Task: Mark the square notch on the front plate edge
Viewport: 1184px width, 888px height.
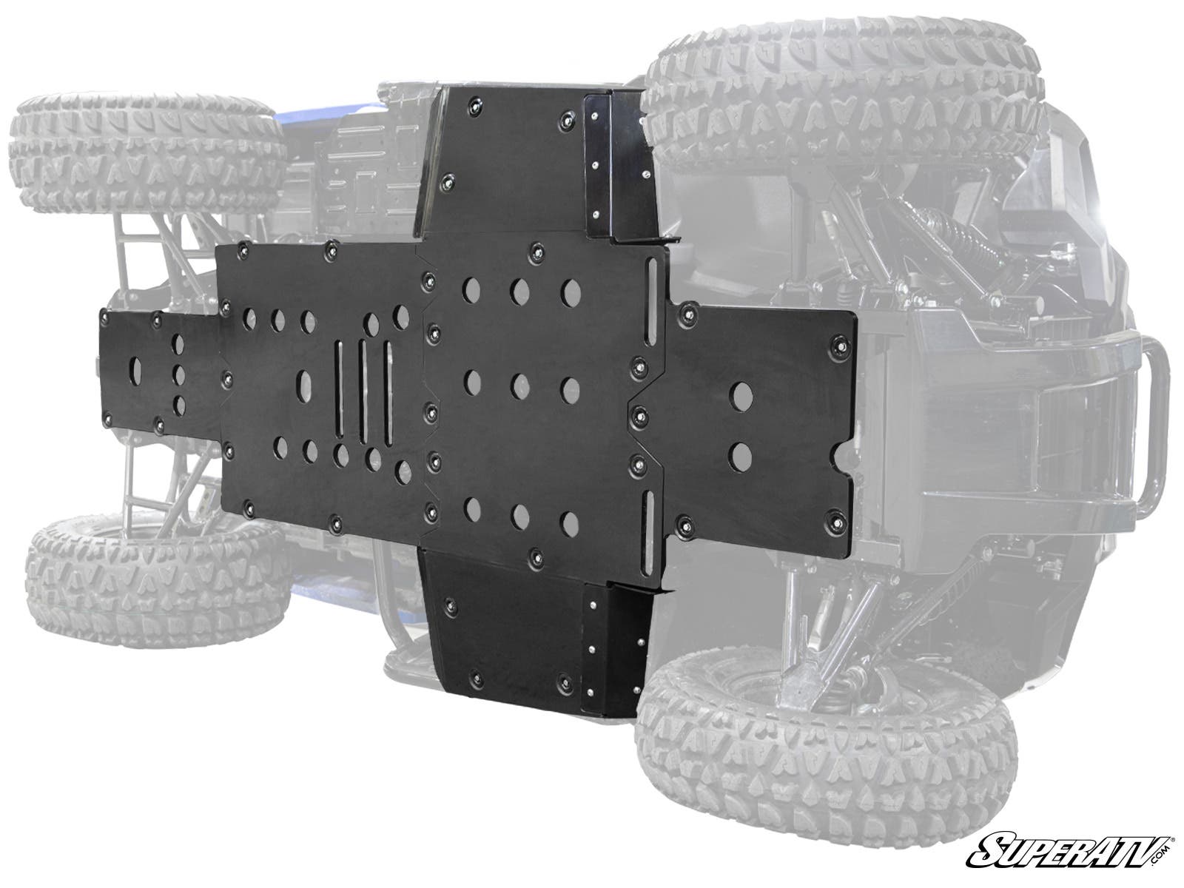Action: [x=844, y=458]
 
